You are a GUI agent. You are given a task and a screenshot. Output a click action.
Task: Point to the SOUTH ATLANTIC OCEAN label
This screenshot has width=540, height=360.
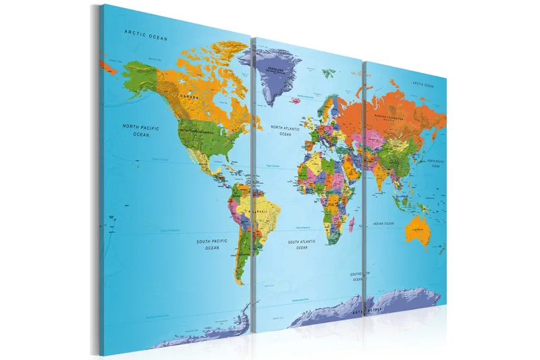302,245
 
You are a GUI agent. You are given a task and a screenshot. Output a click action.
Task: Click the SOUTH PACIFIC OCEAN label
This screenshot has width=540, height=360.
213,244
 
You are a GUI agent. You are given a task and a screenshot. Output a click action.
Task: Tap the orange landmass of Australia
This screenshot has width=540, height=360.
417,229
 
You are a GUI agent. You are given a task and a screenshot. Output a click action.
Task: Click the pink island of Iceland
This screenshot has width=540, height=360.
295,101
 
